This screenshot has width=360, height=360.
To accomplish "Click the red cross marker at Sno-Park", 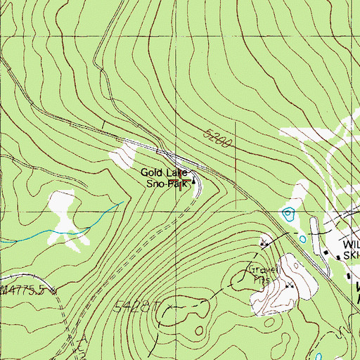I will tap(184, 186).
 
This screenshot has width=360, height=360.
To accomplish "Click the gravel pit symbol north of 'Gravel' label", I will tap(264, 244).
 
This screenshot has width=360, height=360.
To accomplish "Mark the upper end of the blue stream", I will tap(122, 203).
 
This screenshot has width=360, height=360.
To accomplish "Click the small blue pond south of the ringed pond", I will tap(302, 238).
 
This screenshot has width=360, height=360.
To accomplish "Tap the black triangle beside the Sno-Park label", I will tap(194, 181).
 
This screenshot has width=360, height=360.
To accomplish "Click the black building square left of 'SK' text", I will tap(338, 256).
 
